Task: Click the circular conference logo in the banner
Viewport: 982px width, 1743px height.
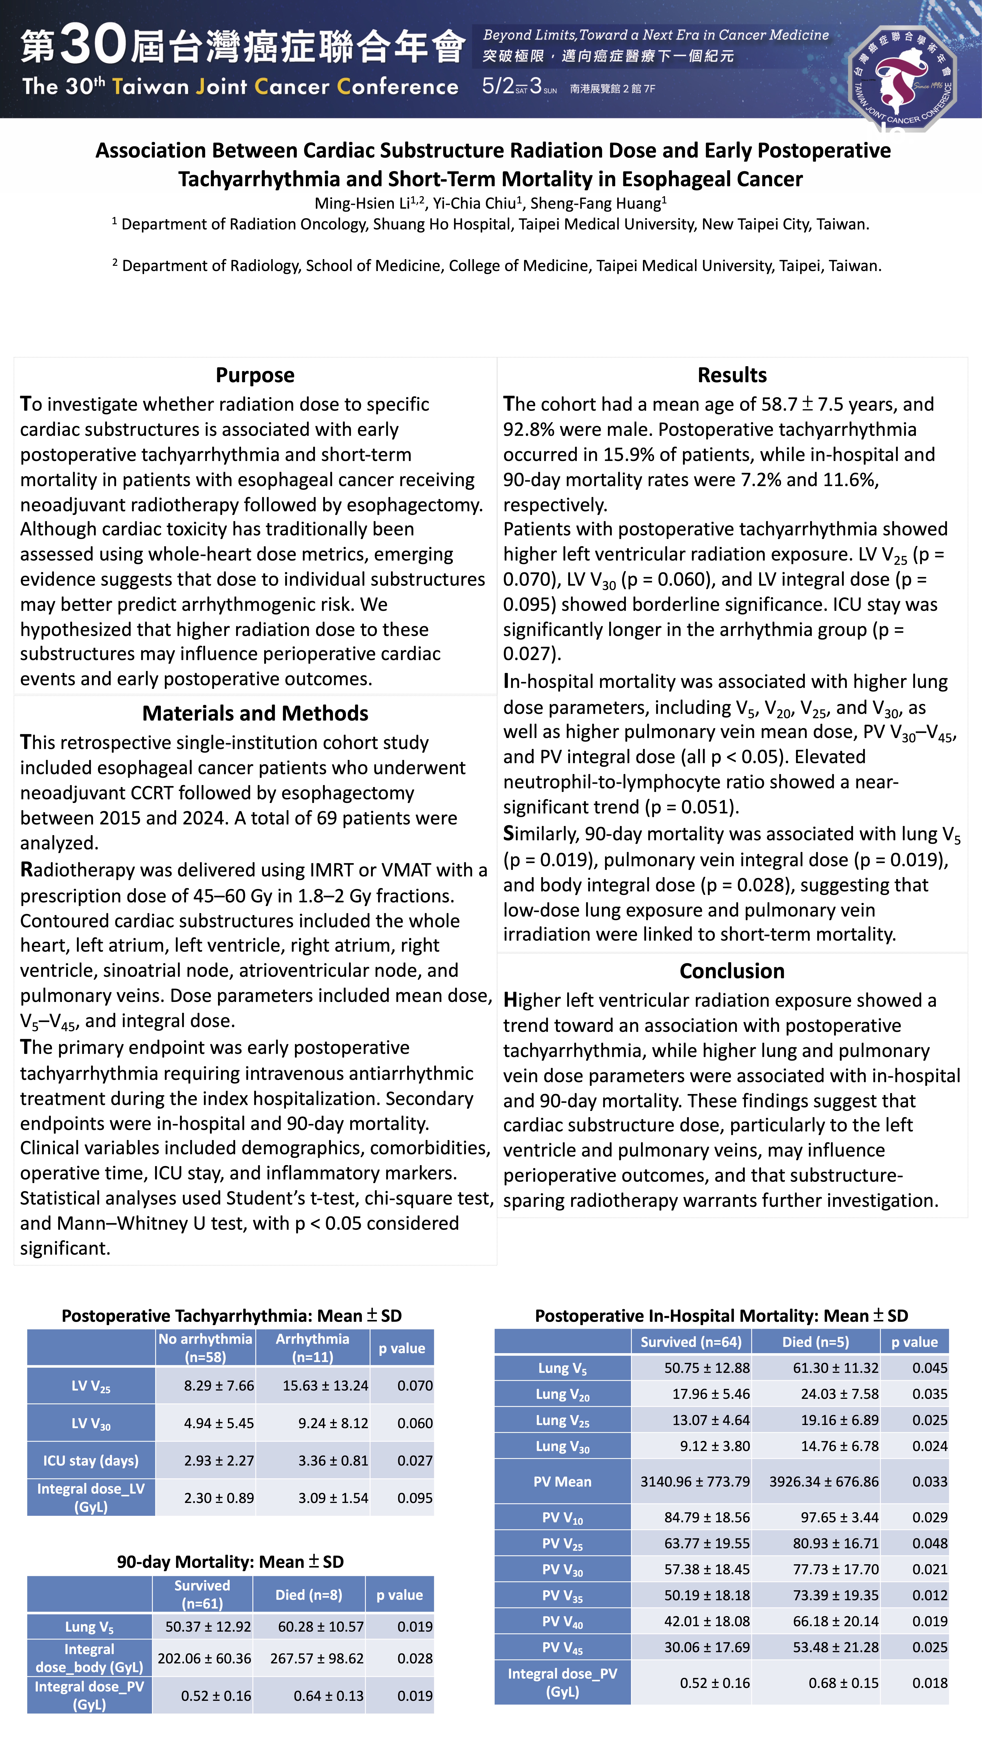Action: pyautogui.click(x=902, y=76)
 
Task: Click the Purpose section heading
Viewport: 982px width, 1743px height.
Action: pyautogui.click(x=255, y=375)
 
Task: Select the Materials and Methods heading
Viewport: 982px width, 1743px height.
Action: pyautogui.click(x=255, y=713)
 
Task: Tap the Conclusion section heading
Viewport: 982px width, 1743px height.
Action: pyautogui.click(x=732, y=971)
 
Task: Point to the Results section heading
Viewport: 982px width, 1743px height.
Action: pyautogui.click(x=732, y=375)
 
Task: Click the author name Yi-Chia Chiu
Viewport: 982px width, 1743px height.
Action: pyautogui.click(x=477, y=203)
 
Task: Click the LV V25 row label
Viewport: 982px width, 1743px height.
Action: pyautogui.click(x=91, y=1386)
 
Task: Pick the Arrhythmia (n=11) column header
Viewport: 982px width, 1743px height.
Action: pyautogui.click(x=313, y=1347)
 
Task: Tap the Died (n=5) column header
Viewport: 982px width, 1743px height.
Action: pyautogui.click(x=816, y=1342)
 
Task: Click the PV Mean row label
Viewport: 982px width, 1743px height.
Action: pyautogui.click(x=562, y=1482)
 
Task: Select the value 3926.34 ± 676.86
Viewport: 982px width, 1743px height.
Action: pyautogui.click(x=824, y=1482)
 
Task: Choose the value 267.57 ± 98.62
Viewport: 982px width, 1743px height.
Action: pyautogui.click(x=317, y=1658)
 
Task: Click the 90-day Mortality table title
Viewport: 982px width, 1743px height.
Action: pyautogui.click(x=230, y=1562)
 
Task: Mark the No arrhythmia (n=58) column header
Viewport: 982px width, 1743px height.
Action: pyautogui.click(x=205, y=1347)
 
